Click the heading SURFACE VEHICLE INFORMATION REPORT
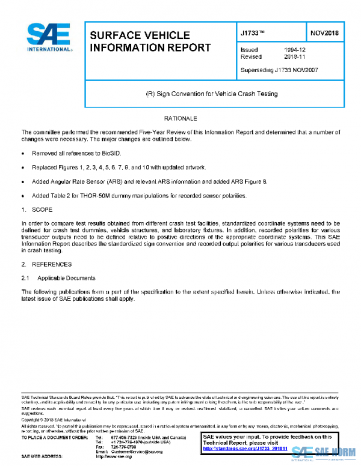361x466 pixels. [150, 41]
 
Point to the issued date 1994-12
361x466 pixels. [295, 50]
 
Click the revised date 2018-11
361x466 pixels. [295, 57]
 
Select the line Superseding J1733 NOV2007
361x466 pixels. [279, 70]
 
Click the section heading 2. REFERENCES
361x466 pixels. [46, 265]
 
